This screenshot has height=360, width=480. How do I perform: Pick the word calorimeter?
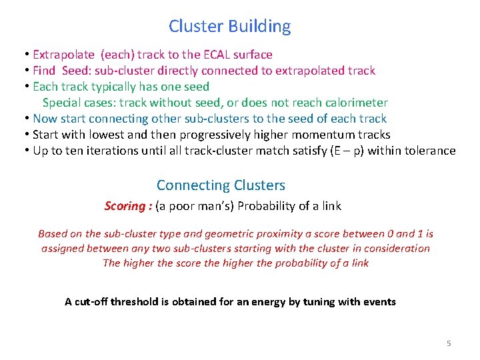click(354, 103)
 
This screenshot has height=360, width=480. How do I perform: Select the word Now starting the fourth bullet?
click(45, 119)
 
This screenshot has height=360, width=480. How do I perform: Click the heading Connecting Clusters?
click(221, 185)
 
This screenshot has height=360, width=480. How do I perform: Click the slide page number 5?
click(449, 343)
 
